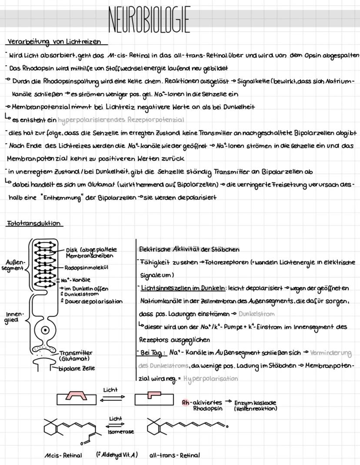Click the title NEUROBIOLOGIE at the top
pos(149,20)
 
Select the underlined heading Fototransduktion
pos(34,224)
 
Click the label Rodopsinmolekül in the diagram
pos(86,268)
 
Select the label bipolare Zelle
pos(77,368)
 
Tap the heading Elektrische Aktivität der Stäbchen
pos(189,249)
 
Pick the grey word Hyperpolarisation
pos(210,379)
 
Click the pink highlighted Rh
pos(186,402)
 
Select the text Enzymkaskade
pos(256,403)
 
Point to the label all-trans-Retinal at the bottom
pos(174,455)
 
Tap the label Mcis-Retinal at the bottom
pos(63,455)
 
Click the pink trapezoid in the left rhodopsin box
pos(77,396)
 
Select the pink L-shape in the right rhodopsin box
pos(154,395)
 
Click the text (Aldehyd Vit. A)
pos(117,455)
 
